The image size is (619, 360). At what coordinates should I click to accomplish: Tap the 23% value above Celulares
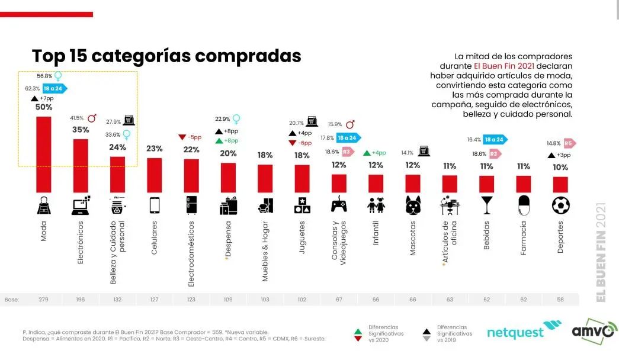[x=154, y=148]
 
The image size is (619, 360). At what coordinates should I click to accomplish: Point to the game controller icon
[x=339, y=205]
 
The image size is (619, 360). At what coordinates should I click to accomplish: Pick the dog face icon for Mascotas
[x=413, y=205]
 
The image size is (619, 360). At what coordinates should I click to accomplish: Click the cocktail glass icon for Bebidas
[x=487, y=205]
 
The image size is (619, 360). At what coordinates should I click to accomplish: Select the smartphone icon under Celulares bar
[x=154, y=205]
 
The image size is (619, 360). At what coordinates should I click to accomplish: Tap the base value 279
[x=44, y=300]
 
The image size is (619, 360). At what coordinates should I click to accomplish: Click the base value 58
[x=560, y=300]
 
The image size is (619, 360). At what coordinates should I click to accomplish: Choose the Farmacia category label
[x=523, y=239]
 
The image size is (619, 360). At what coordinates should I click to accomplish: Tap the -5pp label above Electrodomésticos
[x=191, y=137]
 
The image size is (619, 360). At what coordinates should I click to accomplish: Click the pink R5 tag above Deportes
[x=568, y=143]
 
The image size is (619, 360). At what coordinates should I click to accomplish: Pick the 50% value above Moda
[x=44, y=107]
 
